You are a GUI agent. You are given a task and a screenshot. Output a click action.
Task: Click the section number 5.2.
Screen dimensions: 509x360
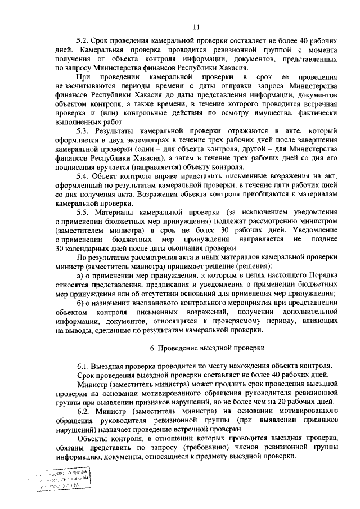[x=83, y=42]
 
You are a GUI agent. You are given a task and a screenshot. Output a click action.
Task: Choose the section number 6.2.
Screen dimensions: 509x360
[x=83, y=411]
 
